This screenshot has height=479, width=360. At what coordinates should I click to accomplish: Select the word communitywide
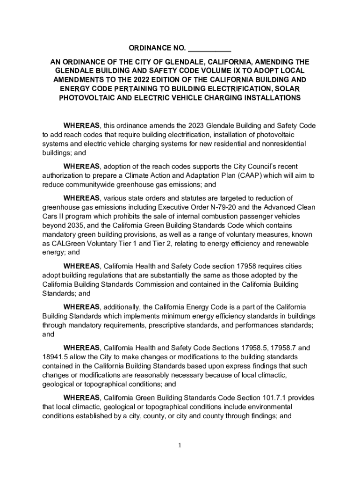84,184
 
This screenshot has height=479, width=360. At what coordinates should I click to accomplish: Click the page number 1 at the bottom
180,446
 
